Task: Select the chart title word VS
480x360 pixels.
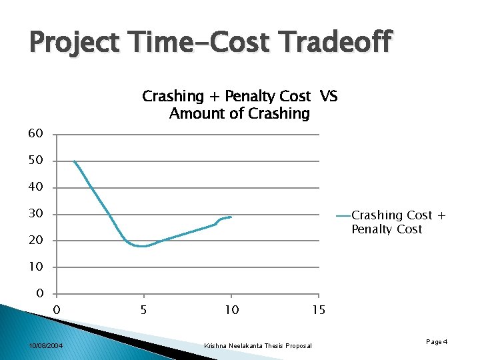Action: click(x=328, y=97)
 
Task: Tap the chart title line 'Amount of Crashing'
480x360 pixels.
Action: click(x=239, y=114)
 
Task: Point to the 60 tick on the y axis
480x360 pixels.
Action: click(x=36, y=134)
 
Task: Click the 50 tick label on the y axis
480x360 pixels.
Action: click(x=36, y=161)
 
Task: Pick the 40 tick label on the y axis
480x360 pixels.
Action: click(x=36, y=187)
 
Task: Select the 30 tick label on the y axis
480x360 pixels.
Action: click(x=36, y=214)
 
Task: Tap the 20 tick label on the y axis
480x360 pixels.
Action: click(x=36, y=241)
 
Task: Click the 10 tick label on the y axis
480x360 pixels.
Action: click(x=36, y=267)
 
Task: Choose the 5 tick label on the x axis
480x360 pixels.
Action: click(x=143, y=310)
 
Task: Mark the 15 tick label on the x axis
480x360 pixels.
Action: click(x=319, y=310)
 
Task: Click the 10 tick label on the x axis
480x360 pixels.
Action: click(x=231, y=310)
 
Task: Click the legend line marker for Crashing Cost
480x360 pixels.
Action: click(x=343, y=215)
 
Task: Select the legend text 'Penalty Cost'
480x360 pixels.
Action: click(x=387, y=229)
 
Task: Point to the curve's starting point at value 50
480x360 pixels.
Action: click(x=74, y=161)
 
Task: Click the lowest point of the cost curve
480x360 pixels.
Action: click(x=142, y=246)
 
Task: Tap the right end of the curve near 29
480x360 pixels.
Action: click(x=231, y=217)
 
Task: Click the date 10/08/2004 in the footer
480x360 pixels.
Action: click(x=46, y=345)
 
